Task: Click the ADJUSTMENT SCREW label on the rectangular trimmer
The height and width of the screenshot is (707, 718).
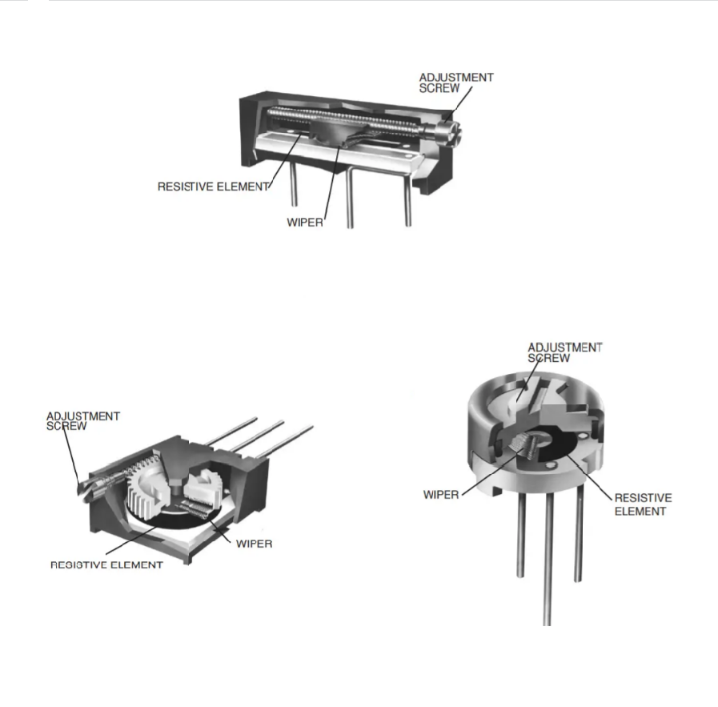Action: coord(456,83)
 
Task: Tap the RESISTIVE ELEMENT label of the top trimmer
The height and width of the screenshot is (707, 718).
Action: coord(213,187)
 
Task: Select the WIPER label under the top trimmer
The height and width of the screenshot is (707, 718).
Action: coord(305,223)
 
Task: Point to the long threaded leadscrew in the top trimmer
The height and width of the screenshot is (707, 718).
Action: coord(343,118)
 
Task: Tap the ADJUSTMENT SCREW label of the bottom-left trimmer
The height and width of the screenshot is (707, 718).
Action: coord(83,421)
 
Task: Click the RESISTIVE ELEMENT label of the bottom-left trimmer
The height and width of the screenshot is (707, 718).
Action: coord(106,565)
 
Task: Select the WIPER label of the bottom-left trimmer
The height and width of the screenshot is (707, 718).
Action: coord(254,544)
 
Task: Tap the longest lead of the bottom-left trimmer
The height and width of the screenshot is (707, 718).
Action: coord(284,442)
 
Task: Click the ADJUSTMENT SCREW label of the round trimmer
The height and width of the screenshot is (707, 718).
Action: coord(564,352)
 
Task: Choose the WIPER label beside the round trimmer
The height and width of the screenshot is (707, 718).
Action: coord(441,495)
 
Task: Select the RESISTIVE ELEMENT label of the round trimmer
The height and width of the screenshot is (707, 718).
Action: coord(643,504)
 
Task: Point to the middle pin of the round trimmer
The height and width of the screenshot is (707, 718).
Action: coord(548,559)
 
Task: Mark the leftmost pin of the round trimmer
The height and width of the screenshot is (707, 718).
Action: coord(520,535)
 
